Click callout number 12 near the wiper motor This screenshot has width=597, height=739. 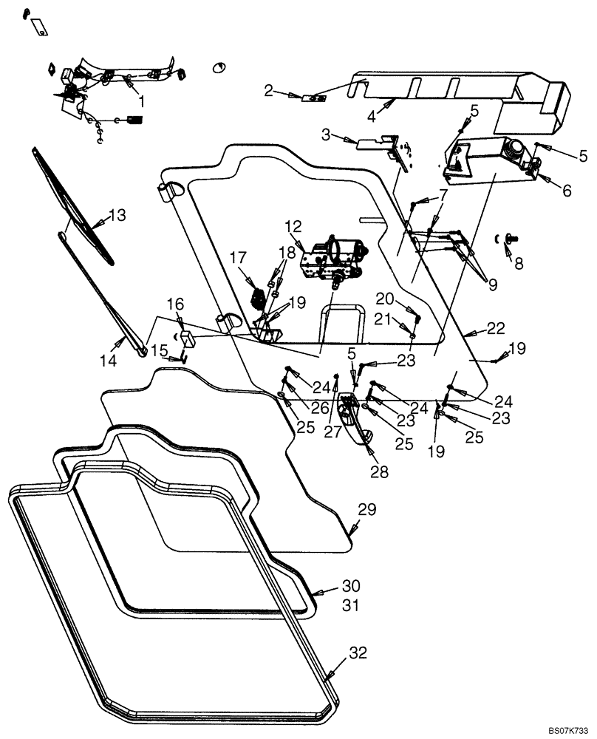(294, 225)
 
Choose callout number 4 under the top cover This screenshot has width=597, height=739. (372, 116)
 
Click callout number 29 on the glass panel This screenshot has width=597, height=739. (367, 510)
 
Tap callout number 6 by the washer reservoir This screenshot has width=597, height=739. (567, 190)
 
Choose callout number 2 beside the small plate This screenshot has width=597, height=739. (269, 91)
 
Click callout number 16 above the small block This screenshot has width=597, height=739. (174, 304)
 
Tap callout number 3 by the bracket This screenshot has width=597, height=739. (326, 135)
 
